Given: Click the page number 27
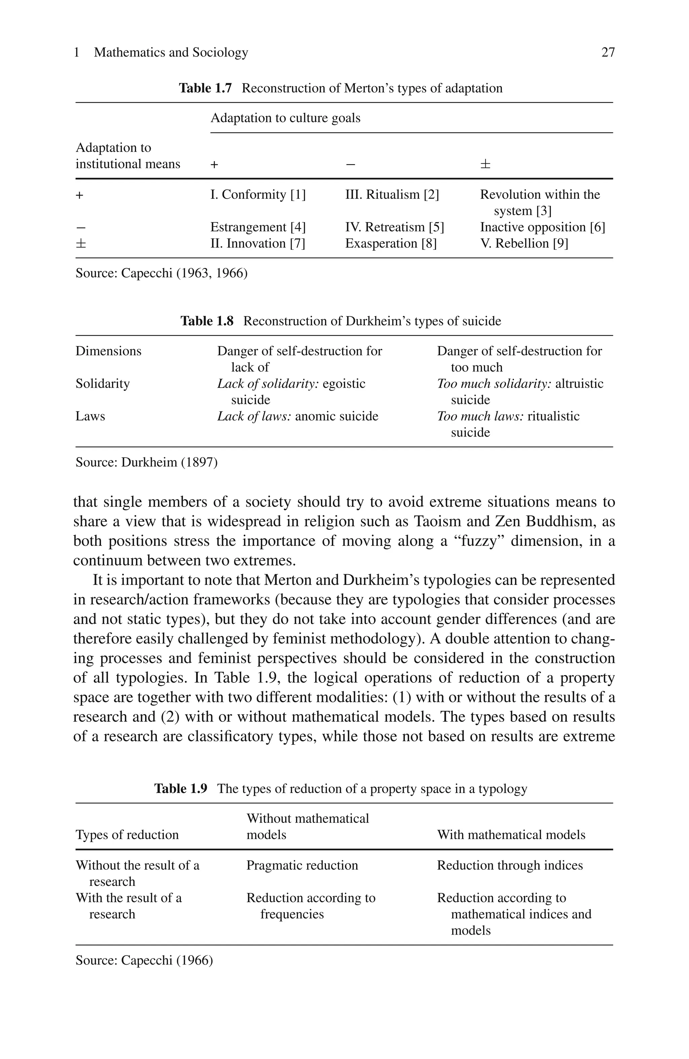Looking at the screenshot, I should pyautogui.click(x=608, y=52).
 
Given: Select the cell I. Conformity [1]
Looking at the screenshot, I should pyautogui.click(x=258, y=194).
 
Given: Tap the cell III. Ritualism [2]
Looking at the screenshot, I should pyautogui.click(x=392, y=194).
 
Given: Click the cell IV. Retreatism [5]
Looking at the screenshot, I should pyautogui.click(x=394, y=227).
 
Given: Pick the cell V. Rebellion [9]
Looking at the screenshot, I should pyautogui.click(x=523, y=243).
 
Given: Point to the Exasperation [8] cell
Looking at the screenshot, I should pyautogui.click(x=391, y=243).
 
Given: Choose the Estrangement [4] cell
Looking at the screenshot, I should pyautogui.click(x=258, y=227).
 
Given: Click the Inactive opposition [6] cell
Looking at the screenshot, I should pyautogui.click(x=542, y=227).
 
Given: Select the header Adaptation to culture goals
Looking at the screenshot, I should pyautogui.click(x=285, y=118).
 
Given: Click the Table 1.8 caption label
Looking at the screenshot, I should pyautogui.click(x=207, y=321).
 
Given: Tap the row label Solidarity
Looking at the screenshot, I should pyautogui.click(x=102, y=384).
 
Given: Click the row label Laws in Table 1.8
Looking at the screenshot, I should pyautogui.click(x=90, y=416).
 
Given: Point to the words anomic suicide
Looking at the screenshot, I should pyautogui.click(x=336, y=416).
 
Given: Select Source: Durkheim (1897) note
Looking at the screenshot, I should pyautogui.click(x=146, y=462).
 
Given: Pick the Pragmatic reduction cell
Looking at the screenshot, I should pyautogui.click(x=302, y=865).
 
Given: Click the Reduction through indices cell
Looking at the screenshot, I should pyautogui.click(x=509, y=865).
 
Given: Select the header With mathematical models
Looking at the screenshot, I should pyautogui.click(x=511, y=834).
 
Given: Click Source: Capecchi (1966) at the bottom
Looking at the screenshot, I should pyautogui.click(x=144, y=960).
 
